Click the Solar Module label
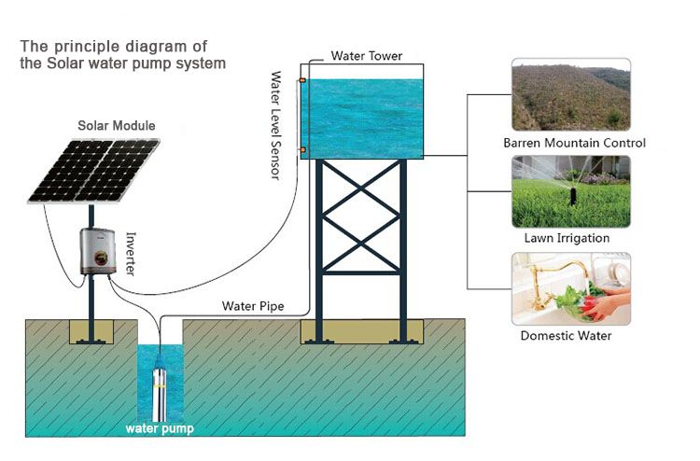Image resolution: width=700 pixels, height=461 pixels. (x=117, y=125)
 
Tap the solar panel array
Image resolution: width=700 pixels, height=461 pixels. (x=94, y=170)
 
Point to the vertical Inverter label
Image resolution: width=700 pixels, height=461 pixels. (x=131, y=252)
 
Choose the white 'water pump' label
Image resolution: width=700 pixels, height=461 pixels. (x=161, y=429)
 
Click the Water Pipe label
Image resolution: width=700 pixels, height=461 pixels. (x=253, y=306)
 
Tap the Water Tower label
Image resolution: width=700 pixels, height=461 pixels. (x=367, y=56)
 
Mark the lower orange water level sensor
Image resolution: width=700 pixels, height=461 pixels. (x=301, y=148)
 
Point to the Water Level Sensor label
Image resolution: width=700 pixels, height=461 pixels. (x=276, y=126)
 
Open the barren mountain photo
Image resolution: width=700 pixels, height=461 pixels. (x=570, y=95)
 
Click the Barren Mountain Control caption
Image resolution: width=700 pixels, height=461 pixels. (x=574, y=144)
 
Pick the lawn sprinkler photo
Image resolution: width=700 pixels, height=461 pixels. (x=570, y=191)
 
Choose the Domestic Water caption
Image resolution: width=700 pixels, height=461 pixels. (x=567, y=336)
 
